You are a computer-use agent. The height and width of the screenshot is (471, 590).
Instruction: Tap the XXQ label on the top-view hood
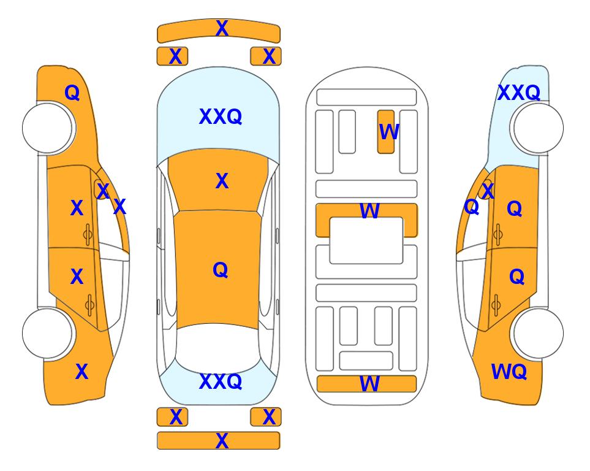(x=221, y=117)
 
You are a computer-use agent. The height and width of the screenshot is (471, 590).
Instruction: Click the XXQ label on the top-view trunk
(x=221, y=381)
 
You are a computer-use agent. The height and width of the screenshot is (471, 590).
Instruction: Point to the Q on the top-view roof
(x=221, y=270)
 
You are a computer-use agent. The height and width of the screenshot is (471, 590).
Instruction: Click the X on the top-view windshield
(x=222, y=181)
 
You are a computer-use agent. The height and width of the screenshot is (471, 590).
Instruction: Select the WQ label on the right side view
(x=509, y=372)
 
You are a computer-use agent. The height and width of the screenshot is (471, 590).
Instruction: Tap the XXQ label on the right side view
(x=519, y=93)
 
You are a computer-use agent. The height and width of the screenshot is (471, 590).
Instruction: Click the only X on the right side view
(x=488, y=190)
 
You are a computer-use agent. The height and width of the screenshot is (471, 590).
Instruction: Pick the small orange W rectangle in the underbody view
(x=386, y=132)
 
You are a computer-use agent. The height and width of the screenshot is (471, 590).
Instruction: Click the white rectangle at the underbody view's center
(x=366, y=240)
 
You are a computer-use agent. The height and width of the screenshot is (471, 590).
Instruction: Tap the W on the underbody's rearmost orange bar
(x=369, y=384)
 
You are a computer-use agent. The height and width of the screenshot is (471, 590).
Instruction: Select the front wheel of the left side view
(x=47, y=128)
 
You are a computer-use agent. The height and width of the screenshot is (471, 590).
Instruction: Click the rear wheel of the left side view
(x=47, y=334)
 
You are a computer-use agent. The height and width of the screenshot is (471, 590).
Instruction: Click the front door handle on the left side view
(x=88, y=235)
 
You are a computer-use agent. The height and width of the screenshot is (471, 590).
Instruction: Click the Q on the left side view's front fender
(x=72, y=93)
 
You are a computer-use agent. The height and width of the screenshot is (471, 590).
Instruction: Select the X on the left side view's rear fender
(x=81, y=372)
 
